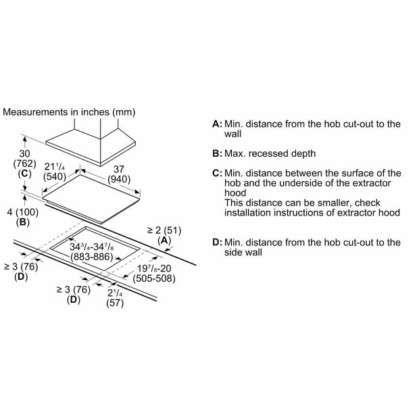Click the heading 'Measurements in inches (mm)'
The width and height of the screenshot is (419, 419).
[x=69, y=112]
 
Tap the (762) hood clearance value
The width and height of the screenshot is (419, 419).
[x=24, y=164]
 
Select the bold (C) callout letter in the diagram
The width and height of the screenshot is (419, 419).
[x=24, y=174]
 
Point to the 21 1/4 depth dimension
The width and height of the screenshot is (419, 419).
[x=55, y=167]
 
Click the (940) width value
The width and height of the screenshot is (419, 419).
[x=119, y=179]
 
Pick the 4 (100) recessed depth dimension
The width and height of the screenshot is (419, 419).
[x=23, y=212]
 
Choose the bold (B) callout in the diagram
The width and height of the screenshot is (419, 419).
[x=23, y=222]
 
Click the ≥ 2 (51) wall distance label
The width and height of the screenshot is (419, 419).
[x=164, y=230]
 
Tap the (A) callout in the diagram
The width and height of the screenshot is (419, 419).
[x=164, y=241]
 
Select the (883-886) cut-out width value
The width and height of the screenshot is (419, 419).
[x=92, y=257]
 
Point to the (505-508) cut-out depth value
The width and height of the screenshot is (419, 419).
[x=154, y=278]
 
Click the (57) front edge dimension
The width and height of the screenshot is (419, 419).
[x=115, y=303]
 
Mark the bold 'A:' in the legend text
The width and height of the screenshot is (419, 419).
[x=217, y=124]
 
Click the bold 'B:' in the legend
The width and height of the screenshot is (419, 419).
[x=217, y=153]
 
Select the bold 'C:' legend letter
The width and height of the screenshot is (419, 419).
[x=217, y=174]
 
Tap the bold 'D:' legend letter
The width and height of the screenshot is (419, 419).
[x=217, y=243]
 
